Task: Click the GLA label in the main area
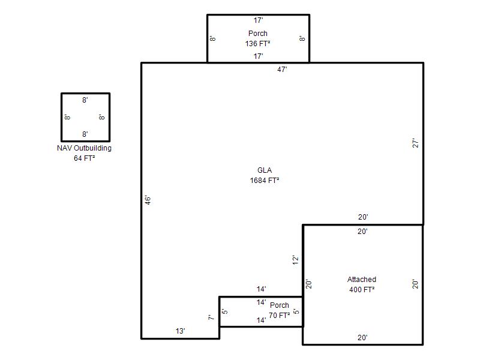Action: point(265,170)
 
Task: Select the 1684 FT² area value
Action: point(265,181)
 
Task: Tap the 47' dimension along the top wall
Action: point(282,70)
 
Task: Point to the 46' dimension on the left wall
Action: point(148,200)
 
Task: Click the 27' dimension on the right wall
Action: point(415,143)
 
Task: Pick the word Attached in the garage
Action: point(362,279)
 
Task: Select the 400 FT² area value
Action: point(362,289)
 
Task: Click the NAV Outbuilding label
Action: point(84,148)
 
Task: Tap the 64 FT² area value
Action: point(84,158)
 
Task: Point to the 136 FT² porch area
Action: point(258,43)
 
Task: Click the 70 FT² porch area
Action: point(280,315)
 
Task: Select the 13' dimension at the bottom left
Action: point(181,331)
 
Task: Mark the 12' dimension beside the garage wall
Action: point(295,260)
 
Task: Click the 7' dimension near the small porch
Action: point(211,317)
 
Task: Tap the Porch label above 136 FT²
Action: point(258,34)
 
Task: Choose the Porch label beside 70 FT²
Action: point(280,305)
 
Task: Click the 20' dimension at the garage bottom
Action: point(362,338)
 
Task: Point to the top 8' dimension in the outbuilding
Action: point(85,100)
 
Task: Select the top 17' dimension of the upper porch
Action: point(258,20)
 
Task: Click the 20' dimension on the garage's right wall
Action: point(415,284)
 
